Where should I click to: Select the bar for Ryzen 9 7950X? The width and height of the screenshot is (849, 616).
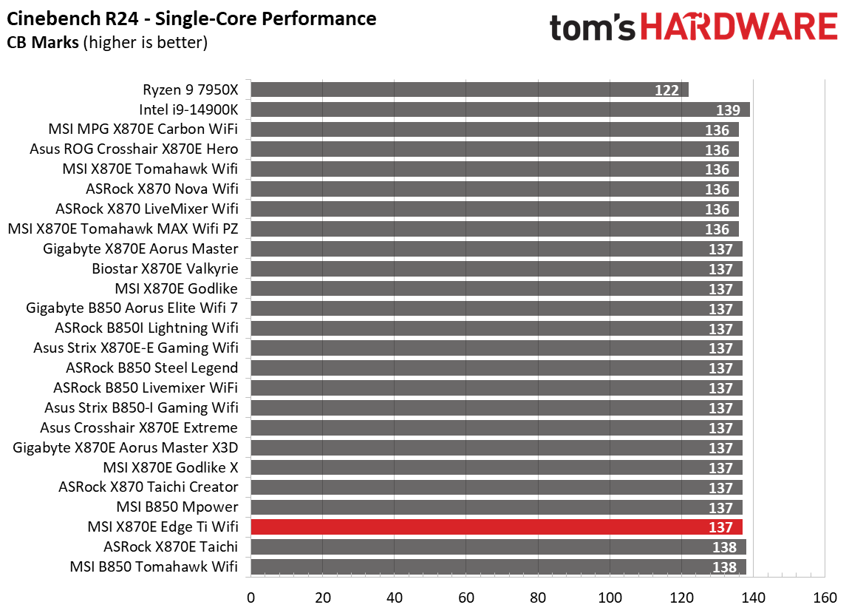[469, 89]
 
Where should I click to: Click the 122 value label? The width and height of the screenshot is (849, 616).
[666, 90]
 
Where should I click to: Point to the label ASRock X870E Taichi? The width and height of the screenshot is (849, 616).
[171, 546]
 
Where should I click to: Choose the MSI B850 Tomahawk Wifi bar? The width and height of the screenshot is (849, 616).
[498, 566]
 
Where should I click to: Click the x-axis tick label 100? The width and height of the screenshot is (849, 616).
[610, 598]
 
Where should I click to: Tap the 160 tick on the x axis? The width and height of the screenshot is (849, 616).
[825, 598]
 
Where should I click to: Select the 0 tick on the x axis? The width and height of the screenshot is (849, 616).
[251, 598]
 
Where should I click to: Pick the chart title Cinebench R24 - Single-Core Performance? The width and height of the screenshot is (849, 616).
[191, 18]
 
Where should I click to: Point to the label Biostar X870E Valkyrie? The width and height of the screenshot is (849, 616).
[165, 268]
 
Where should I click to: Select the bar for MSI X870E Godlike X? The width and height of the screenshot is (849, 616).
[497, 467]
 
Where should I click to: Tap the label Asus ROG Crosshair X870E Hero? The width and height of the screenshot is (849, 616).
[134, 149]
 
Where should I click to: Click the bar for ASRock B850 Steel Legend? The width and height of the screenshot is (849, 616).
[497, 368]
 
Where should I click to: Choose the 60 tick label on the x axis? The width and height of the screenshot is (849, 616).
[466, 598]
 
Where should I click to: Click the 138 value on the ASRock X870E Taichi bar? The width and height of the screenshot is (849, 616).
[725, 547]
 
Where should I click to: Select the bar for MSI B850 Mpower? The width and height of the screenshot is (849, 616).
[497, 507]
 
